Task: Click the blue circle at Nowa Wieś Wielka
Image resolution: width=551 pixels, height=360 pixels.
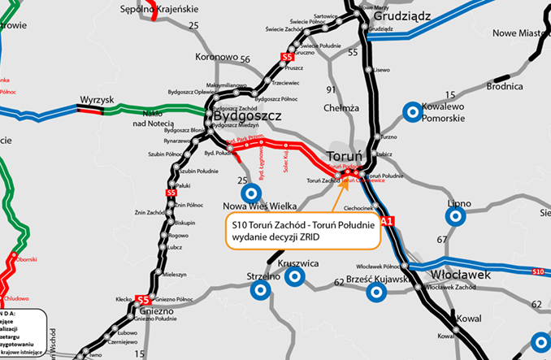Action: tap(251, 193)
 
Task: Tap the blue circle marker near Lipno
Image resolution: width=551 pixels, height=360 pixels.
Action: tap(456, 216)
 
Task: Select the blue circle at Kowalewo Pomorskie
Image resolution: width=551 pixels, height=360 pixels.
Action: tap(413, 111)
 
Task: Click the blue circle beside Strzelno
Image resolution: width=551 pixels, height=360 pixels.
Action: tap(260, 289)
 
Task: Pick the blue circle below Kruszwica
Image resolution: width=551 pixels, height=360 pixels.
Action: tap(294, 277)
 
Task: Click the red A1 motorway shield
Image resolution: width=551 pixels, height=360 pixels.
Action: tap(386, 219)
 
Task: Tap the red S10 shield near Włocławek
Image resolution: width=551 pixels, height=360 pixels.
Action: tap(538, 271)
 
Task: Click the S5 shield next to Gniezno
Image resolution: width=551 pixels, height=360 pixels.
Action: tap(142, 299)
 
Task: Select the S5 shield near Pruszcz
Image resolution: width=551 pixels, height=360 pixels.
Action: tap(285, 58)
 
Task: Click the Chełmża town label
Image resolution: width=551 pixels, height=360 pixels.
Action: tap(342, 107)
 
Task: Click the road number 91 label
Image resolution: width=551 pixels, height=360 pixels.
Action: tap(330, 89)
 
